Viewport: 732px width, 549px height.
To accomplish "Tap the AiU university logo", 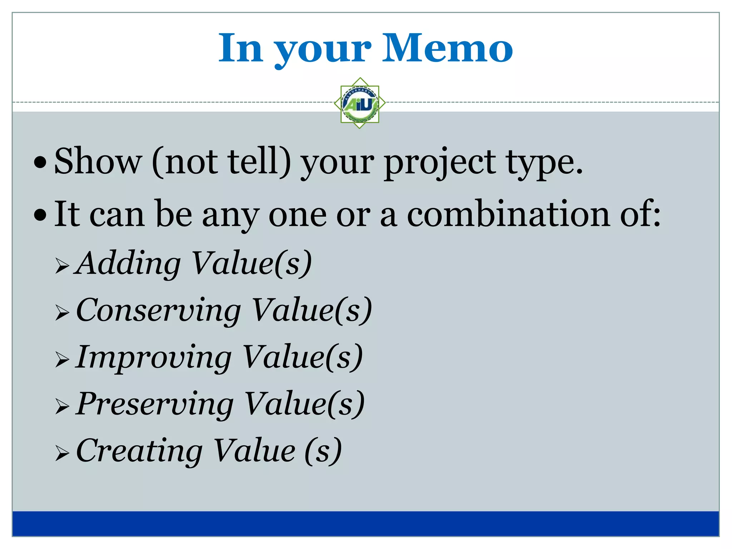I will [x=360, y=103].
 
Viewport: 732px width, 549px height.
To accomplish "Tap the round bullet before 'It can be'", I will [x=40, y=215].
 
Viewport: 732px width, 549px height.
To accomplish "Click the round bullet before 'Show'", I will [x=40, y=163].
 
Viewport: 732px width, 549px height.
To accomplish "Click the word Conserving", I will [x=158, y=310].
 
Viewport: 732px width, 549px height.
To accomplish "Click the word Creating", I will [x=139, y=451].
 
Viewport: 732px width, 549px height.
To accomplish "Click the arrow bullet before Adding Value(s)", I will [x=62, y=266].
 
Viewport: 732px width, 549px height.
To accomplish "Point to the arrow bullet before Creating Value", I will [x=62, y=454].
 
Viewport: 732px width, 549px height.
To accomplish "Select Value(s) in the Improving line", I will [x=302, y=357].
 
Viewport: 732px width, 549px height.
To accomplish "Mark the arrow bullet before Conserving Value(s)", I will [x=62, y=313].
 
